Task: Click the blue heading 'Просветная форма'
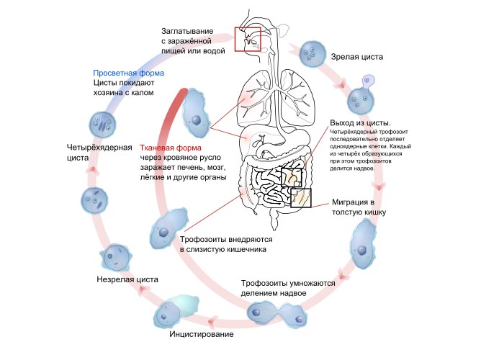pyautogui.click(x=129, y=73)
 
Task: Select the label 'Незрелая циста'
pyautogui.click(x=122, y=277)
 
